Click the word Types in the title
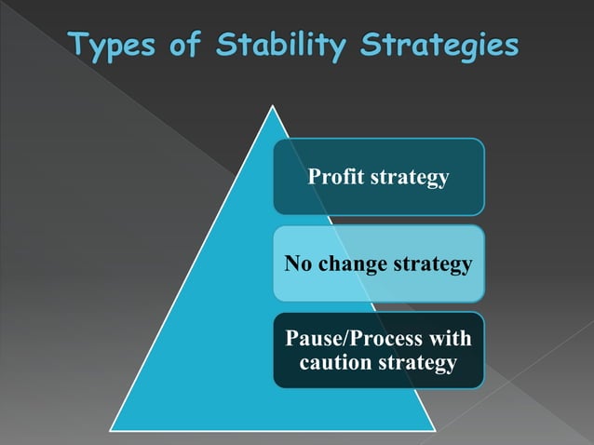coord(115,46)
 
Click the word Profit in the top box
coord(338,176)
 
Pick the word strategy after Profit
coord(411,177)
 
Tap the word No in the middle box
coord(299,264)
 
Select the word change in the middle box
coord(355,265)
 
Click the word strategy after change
coord(433,265)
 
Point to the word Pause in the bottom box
coord(312,338)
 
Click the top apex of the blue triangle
coord(272,105)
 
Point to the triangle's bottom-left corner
coord(113,429)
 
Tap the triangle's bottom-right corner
coord(434,429)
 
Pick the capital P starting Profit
coord(314,176)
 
